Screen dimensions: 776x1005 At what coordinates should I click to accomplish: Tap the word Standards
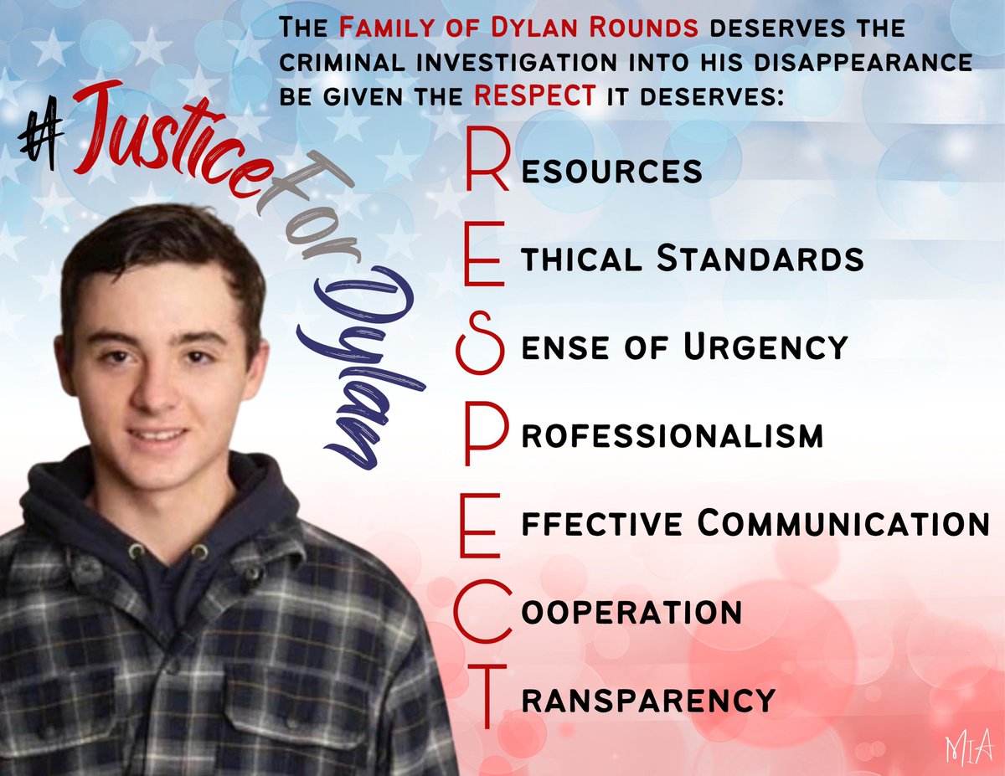click(760, 259)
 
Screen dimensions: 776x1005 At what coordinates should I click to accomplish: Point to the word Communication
click(843, 524)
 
